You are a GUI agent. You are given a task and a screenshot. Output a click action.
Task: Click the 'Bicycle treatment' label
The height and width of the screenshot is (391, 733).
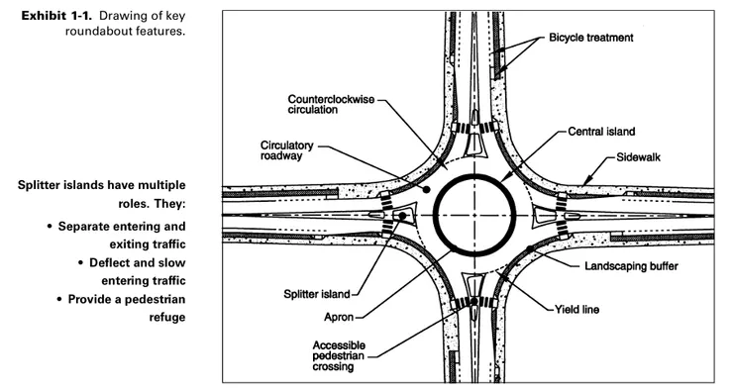coord(591,38)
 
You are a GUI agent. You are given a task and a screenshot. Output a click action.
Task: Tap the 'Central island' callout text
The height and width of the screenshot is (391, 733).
coord(601,132)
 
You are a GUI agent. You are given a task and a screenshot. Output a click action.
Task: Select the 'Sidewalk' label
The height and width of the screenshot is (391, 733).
coord(638,157)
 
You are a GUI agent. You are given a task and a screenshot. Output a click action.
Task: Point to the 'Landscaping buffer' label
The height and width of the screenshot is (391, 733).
coord(631,266)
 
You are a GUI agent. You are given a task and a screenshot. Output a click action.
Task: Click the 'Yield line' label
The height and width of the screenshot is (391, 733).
coord(576,309)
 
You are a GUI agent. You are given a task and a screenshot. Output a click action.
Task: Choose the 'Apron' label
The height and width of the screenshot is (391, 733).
coord(339,317)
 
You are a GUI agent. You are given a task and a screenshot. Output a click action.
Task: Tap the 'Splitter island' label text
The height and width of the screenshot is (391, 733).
coord(317,294)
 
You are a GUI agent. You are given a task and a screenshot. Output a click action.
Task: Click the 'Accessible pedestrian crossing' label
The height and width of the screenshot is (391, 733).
coord(339,356)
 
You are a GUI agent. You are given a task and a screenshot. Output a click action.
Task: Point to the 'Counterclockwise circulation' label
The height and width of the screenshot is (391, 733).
coord(331,105)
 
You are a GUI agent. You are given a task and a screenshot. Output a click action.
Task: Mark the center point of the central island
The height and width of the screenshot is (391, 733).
coord(474,216)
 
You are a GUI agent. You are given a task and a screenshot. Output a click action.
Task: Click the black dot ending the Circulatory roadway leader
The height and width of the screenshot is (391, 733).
coord(426,189)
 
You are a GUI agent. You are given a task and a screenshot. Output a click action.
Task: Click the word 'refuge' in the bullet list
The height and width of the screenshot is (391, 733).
coord(167,318)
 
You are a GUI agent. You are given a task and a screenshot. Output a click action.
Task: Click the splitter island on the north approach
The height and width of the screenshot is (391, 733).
coord(474,145)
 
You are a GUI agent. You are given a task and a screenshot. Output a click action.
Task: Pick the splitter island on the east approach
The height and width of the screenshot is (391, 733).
coord(545,216)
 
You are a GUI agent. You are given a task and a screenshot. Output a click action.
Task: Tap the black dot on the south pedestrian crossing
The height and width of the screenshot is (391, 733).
coord(474,301)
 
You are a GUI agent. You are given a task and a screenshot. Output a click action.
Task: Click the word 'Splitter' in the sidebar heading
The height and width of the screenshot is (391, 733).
coord(40,185)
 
